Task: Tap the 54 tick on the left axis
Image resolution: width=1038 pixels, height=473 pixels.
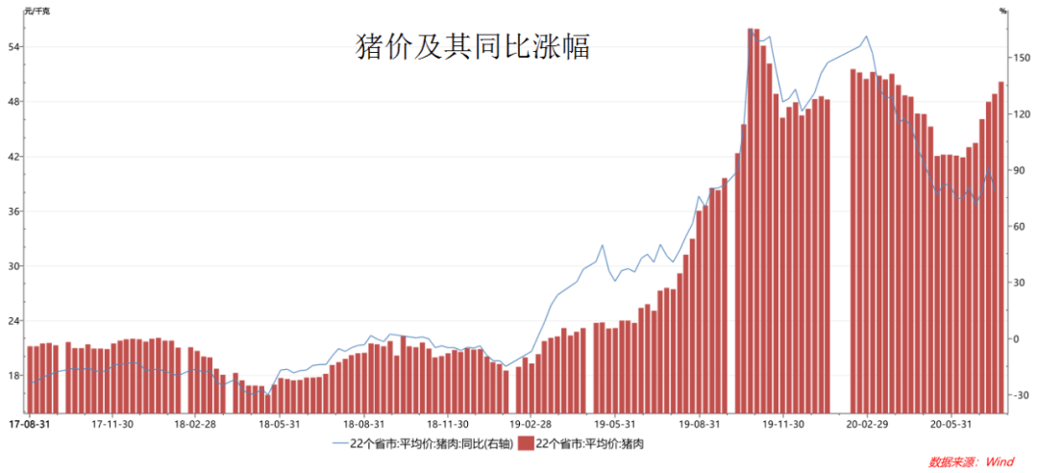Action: click(16, 47)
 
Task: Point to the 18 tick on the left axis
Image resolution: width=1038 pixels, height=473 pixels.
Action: click(16, 376)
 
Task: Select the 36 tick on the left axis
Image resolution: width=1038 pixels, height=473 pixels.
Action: click(16, 212)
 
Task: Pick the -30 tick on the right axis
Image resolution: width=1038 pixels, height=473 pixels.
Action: click(1019, 395)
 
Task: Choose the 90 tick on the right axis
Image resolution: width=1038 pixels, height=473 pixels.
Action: click(1018, 170)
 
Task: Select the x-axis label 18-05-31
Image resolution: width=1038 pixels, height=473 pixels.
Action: click(278, 423)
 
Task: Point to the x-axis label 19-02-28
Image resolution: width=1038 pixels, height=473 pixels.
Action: click(531, 423)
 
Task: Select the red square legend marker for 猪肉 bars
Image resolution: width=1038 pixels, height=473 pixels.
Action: click(526, 443)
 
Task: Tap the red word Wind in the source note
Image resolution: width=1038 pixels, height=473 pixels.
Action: click(1000, 462)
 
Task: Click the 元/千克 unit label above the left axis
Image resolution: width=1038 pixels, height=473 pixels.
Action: click(37, 11)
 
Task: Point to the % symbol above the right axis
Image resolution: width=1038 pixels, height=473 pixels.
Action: click(1002, 11)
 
